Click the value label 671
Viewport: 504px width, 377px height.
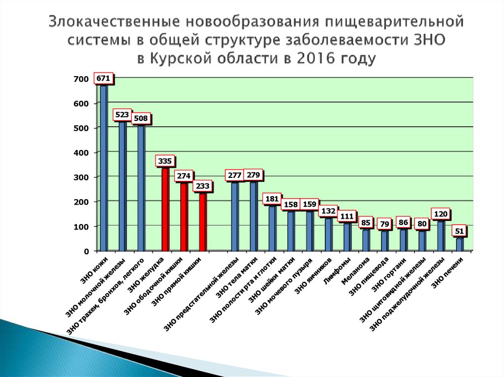point(103,78)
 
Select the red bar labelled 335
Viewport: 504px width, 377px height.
point(166,209)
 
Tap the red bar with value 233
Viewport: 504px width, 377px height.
point(203,222)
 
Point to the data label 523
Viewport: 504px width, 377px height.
point(122,115)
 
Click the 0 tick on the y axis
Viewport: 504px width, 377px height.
point(86,251)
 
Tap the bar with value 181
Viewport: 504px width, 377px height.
point(272,228)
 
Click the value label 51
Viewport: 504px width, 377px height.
point(460,232)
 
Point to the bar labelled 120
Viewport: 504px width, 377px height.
point(441,235)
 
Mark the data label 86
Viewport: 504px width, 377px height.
point(403,223)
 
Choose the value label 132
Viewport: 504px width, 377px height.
point(328,211)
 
